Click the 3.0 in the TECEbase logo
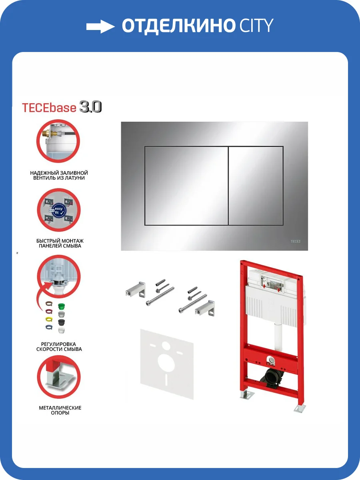(x=90, y=107)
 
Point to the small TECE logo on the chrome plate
(x=294, y=241)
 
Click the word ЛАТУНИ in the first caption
(x=75, y=178)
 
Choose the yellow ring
(x=48, y=319)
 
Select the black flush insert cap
(x=61, y=322)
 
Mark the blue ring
(x=48, y=327)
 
